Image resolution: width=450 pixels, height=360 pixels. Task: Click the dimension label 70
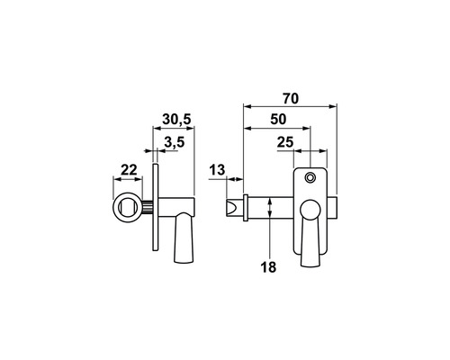[291, 99]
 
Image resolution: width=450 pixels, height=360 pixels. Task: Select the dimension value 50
[278, 120]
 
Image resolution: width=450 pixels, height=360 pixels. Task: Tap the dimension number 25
[285, 142]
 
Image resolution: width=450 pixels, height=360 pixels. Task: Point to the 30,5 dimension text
[176, 120]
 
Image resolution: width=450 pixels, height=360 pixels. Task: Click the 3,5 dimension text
[175, 142]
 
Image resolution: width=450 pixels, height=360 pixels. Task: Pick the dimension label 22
[129, 170]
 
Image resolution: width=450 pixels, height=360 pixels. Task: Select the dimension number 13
[217, 170]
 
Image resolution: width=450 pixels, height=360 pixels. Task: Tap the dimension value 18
[268, 267]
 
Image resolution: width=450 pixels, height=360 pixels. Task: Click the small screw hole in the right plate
[310, 178]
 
